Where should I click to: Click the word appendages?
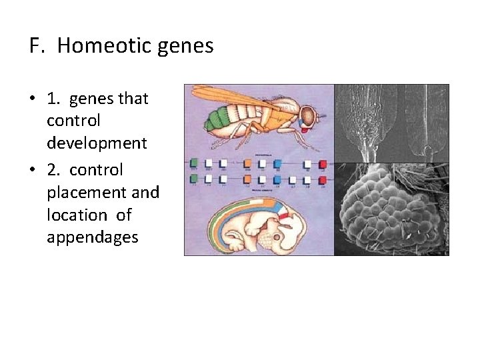(92, 237)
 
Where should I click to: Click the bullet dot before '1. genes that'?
(32, 99)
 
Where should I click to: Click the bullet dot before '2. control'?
(32, 170)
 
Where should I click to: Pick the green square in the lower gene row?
(194, 178)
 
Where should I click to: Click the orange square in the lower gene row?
(247, 178)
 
